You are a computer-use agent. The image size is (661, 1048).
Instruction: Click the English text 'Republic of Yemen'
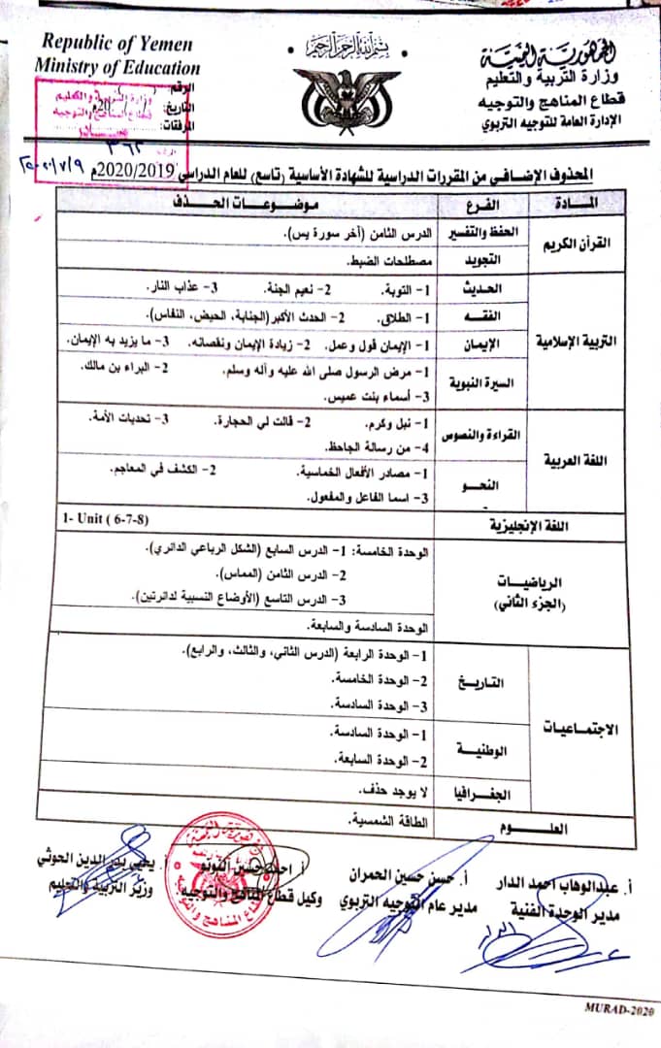click(116, 44)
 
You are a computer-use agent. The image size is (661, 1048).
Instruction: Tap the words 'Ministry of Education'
click(117, 67)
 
